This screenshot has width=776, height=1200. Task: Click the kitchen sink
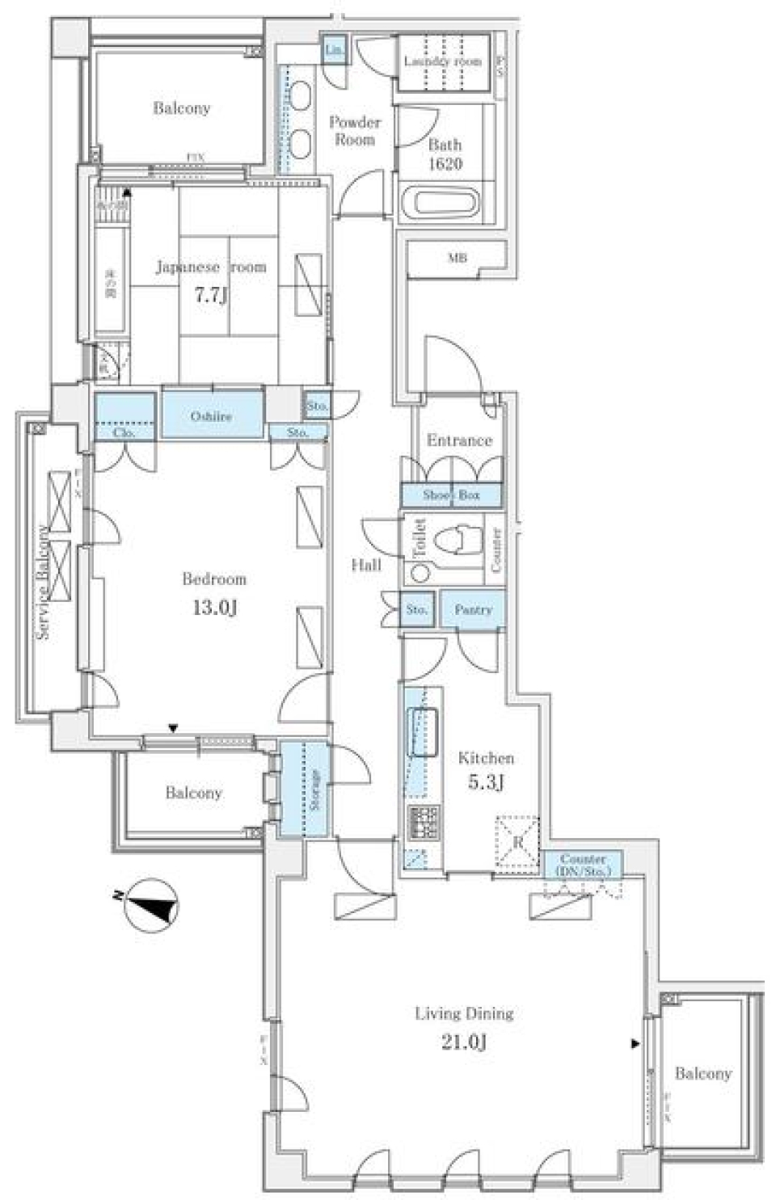coord(424,731)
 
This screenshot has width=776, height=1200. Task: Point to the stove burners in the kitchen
coord(423,822)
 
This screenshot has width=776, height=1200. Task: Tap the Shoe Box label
coord(451,495)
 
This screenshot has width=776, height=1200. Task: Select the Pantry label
coord(473,609)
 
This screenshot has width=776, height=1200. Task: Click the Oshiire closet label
coord(212,416)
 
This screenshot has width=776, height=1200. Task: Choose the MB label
coord(457,259)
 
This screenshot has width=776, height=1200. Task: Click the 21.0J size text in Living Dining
coord(464,1042)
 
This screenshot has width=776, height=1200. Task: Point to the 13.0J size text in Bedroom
coord(214,607)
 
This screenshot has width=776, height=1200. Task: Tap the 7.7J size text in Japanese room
coord(210,295)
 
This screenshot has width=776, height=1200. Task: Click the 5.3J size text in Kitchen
coord(486,781)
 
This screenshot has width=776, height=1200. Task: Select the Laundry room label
coord(442,61)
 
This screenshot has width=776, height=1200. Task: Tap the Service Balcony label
coord(43,582)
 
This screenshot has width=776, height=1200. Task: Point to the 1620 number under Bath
coord(445,164)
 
